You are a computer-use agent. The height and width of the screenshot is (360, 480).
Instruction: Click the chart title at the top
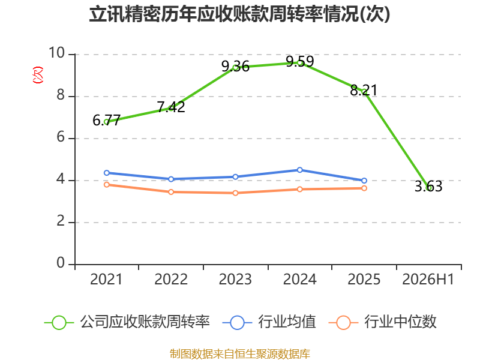tap(239, 14)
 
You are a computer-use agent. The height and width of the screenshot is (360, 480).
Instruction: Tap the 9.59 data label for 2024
tap(300, 62)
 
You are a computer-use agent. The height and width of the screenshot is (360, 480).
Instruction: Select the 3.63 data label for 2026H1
tap(428, 187)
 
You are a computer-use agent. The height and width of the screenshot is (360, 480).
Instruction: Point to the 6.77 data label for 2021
tap(107, 121)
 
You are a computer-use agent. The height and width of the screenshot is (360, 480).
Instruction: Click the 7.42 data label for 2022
tap(171, 107)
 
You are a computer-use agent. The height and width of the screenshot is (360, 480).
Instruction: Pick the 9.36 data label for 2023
tap(235, 67)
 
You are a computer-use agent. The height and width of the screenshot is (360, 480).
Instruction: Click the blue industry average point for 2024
tap(300, 170)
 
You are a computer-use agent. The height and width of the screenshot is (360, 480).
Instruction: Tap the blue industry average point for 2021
tap(107, 173)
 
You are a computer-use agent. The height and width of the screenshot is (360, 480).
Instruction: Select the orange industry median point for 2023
tap(235, 193)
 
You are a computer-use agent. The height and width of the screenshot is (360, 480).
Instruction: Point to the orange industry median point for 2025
tap(364, 188)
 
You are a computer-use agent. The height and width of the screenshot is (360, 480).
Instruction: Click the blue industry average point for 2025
tap(364, 181)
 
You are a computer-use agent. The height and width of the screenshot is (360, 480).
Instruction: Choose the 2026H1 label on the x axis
tap(428, 279)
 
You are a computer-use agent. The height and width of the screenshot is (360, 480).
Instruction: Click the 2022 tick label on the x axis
tap(171, 279)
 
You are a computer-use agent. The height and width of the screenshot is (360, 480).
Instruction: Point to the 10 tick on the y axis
tap(57, 53)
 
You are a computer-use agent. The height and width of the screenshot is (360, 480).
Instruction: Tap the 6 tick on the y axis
tap(61, 137)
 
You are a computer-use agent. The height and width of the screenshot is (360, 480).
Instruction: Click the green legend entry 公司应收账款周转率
tap(127, 322)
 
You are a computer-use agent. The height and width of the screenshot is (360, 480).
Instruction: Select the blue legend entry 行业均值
tap(269, 322)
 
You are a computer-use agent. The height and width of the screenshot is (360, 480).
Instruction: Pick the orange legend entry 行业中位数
tap(382, 322)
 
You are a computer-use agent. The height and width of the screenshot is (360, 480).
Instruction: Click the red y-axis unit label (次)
tap(38, 75)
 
